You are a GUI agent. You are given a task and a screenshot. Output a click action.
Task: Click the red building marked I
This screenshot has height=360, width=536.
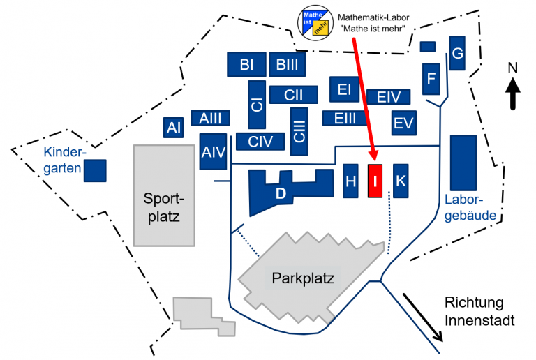click(x=375, y=181)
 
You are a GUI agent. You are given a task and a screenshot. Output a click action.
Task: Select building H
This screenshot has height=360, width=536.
click(x=350, y=181)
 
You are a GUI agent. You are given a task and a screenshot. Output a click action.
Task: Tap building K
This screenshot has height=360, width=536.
click(x=400, y=181)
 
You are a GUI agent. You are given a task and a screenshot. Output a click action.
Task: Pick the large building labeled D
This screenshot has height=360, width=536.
click(x=281, y=193)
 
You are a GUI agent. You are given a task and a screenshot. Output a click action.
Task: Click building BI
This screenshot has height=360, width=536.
click(x=246, y=65)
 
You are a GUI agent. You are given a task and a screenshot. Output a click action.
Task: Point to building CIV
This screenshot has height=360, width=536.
click(x=260, y=142)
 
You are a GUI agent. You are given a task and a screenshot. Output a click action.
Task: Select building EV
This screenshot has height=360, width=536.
click(x=403, y=123)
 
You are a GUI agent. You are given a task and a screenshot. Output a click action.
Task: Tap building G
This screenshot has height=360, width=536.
click(x=457, y=53)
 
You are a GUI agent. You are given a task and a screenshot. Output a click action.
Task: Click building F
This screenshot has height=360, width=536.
click(x=431, y=78)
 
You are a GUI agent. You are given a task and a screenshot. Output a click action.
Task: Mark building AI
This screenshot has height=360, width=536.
click(x=174, y=127)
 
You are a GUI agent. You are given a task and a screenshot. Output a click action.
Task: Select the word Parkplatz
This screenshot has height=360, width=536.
click(x=303, y=278)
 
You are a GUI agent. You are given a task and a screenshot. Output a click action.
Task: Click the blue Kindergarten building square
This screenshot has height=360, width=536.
click(x=95, y=171)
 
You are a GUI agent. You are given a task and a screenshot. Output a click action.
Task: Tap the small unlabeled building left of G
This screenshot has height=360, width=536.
click(x=428, y=47)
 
